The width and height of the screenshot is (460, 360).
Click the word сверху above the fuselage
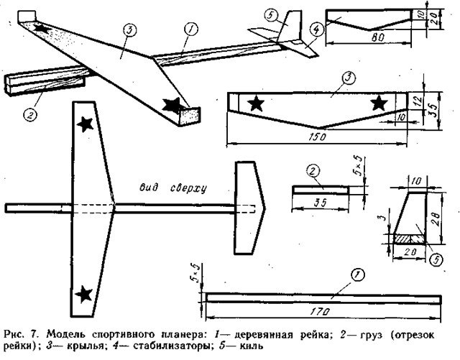185,189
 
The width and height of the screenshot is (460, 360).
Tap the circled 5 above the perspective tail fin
270,16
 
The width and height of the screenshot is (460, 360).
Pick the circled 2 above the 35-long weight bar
313,170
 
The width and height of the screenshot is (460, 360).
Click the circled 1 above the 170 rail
355,275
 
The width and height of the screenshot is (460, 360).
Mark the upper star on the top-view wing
86,124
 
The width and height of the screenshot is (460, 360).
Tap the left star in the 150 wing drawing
256,103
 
